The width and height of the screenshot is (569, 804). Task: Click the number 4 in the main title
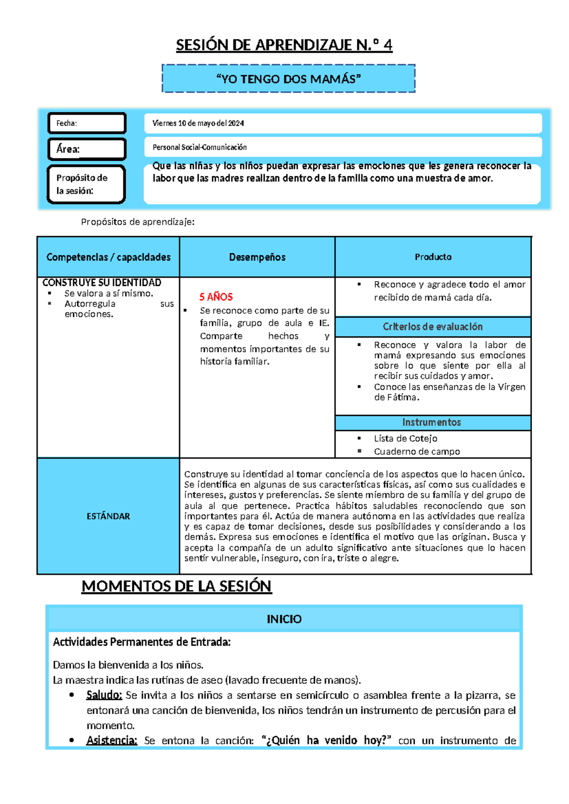tap(387, 45)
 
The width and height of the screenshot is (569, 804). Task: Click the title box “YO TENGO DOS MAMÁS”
tap(288, 79)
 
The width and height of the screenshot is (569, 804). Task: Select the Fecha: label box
tap(87, 123)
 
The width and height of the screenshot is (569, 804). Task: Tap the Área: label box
tap(87, 149)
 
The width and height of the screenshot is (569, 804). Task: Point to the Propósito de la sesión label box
tap(86, 184)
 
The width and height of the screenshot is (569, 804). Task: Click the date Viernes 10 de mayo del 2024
tap(198, 123)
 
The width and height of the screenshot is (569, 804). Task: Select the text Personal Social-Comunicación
tap(200, 147)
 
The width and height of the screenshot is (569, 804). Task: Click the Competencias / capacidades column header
tap(108, 257)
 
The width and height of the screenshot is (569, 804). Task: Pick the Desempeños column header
tap(257, 257)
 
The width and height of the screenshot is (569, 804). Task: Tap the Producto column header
tap(433, 257)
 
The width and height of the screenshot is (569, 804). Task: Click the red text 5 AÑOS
tap(216, 297)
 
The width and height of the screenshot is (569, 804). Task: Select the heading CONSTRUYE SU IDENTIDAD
tap(101, 283)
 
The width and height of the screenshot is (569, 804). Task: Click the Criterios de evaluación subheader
tap(432, 327)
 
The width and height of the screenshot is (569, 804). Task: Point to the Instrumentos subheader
tap(431, 422)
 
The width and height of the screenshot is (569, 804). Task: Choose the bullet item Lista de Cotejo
tap(405, 439)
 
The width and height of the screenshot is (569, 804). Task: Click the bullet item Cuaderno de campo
tap(417, 452)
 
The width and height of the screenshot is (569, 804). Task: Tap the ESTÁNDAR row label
tap(108, 516)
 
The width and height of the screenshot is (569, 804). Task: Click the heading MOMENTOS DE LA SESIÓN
tap(176, 586)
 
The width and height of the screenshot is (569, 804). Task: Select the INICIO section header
tap(284, 619)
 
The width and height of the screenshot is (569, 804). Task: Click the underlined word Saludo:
tap(104, 695)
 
